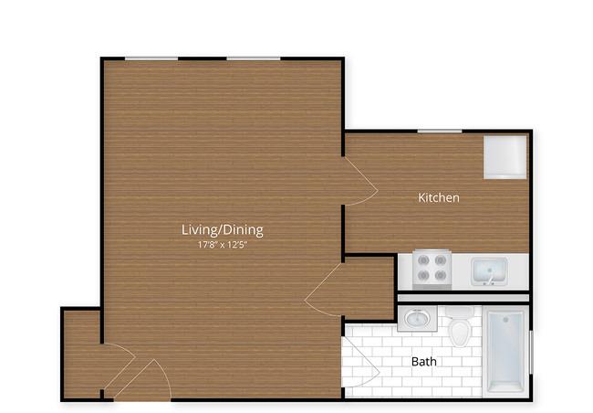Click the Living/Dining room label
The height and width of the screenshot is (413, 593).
coord(223,230)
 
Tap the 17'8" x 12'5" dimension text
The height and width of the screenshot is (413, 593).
coord(223,245)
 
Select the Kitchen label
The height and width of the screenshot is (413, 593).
coord(439,197)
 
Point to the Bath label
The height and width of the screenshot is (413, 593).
coord(424,362)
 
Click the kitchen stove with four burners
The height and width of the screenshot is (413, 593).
coord(432,269)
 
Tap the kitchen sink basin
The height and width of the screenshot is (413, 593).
coord(489,271)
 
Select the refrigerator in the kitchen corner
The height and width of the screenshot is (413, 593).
coord(505,157)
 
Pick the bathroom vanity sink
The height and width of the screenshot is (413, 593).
coord(417,318)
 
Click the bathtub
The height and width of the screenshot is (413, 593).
coord(505,352)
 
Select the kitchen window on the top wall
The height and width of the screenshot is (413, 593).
coord(440,131)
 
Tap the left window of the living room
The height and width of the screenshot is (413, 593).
coord(151,58)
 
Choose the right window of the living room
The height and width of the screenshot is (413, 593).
coord(254,58)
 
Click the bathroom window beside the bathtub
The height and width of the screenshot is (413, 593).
coord(531,352)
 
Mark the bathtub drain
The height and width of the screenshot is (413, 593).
coord(506,320)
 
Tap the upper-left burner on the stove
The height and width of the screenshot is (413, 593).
coord(423,260)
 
